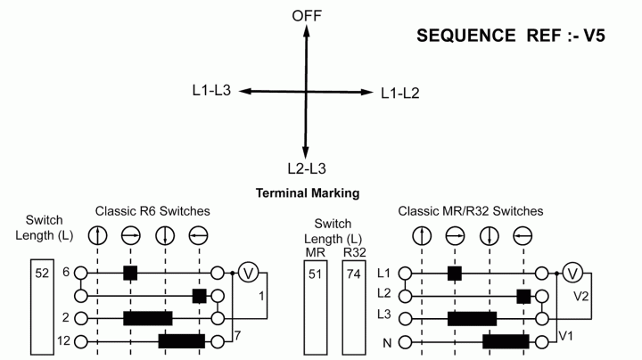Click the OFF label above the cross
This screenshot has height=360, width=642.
pos(307,16)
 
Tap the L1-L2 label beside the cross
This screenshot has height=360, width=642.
pos(400,94)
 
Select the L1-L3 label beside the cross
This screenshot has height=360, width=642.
pos(211,90)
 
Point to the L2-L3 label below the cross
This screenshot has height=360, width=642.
pos(307,168)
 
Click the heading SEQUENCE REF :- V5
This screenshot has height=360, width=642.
pos(511,36)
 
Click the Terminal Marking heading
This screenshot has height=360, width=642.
pos(308,193)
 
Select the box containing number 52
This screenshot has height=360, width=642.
pos(42,307)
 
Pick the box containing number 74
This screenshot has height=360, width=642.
pos(354,307)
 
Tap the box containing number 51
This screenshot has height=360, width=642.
pos(316,307)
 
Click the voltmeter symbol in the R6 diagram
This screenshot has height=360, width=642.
pos(248,273)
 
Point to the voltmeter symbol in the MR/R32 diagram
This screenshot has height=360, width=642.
pos(572,274)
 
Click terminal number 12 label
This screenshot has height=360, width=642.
pos(64,340)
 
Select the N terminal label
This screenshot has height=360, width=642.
pos(387,343)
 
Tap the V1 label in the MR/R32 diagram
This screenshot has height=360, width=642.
pos(565,336)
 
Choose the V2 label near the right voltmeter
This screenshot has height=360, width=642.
pos(581,296)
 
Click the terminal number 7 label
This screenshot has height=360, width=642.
pos(237,336)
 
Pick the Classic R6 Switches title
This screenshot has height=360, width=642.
pos(152,211)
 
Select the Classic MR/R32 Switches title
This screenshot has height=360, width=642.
pos(471,211)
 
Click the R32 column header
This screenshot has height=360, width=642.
pos(354,253)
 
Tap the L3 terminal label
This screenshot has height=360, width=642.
pos(384,315)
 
